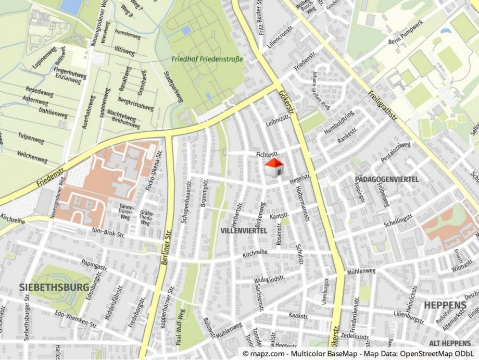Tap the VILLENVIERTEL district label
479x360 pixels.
[244, 230]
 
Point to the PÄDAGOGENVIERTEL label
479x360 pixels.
[387, 179]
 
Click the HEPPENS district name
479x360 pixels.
[445, 305]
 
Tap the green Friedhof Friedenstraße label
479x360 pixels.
[208, 59]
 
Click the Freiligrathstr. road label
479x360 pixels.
[383, 107]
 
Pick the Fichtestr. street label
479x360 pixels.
[268, 155]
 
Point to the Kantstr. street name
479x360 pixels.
[279, 215]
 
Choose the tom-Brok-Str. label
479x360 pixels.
[110, 231]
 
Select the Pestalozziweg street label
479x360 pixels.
[396, 151]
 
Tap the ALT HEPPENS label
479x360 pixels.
[450, 343]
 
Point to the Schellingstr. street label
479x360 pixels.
[399, 219]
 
